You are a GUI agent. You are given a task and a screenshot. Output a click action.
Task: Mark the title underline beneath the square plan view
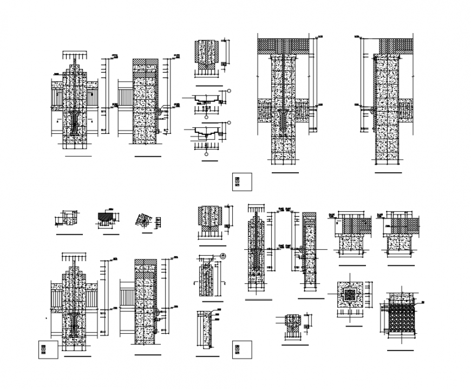pyautogui.click(x=352, y=327)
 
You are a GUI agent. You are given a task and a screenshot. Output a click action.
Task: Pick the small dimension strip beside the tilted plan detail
pyautogui.click(x=158, y=222)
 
